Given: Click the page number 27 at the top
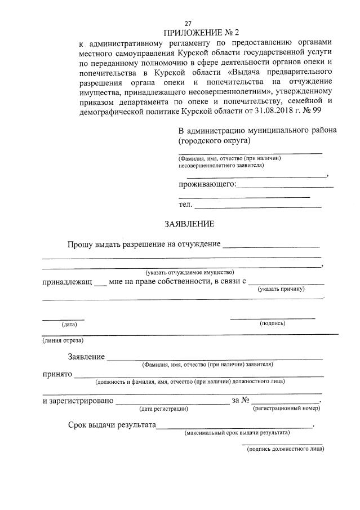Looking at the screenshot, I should click(x=188, y=23).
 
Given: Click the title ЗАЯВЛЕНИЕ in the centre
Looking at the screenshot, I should click(x=189, y=224).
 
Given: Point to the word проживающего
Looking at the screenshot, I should click(x=206, y=184).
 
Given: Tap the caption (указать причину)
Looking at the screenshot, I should click(x=281, y=289).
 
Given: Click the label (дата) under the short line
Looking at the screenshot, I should click(x=69, y=324).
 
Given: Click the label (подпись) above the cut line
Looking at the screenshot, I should click(x=272, y=323).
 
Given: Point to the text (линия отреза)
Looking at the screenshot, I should click(x=63, y=340).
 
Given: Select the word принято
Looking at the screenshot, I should click(x=57, y=374).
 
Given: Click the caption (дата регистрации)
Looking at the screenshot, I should click(x=163, y=408).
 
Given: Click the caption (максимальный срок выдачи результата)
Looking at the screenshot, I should click(x=237, y=433).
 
